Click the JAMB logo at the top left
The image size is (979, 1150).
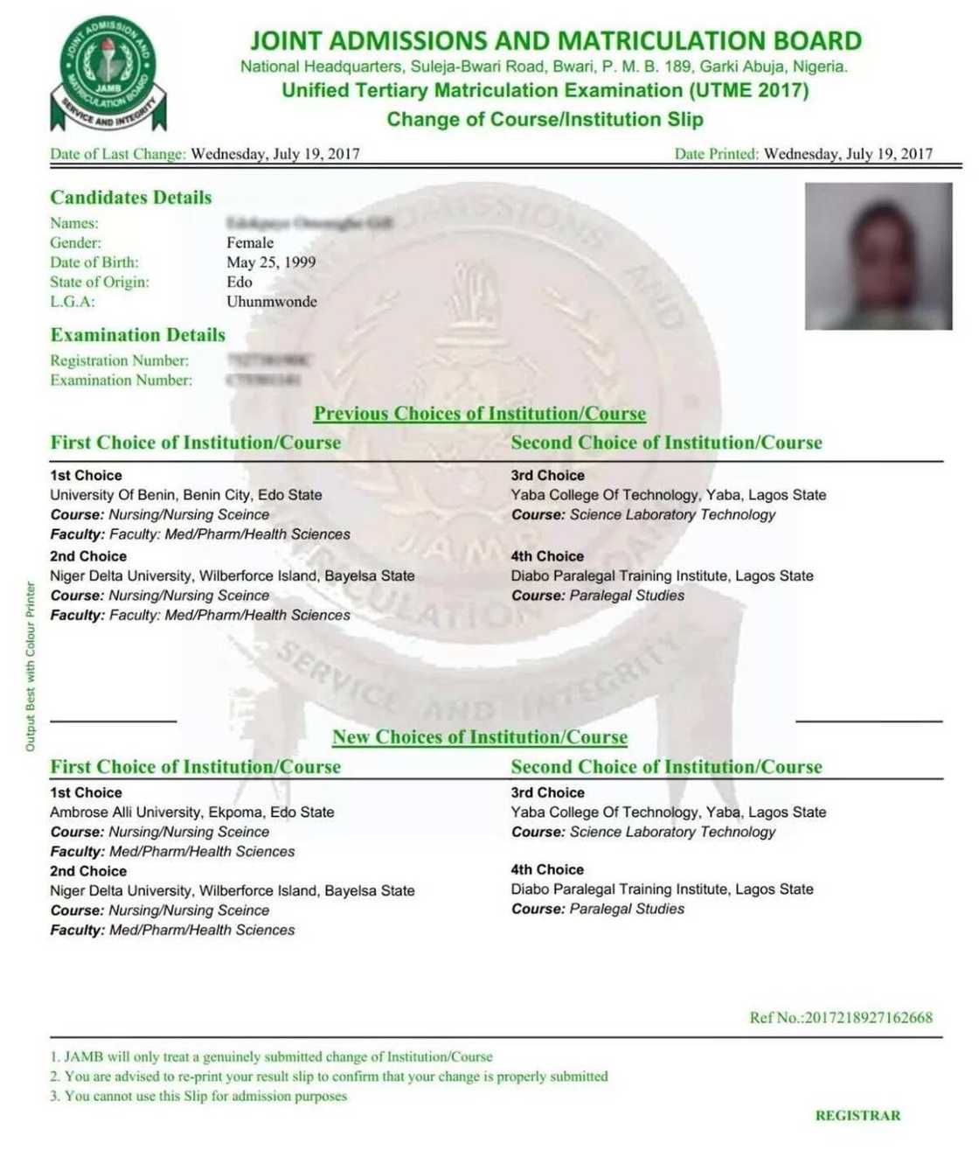click(x=108, y=72)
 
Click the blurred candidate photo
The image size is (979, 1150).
click(x=878, y=255)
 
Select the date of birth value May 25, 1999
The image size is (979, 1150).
click(x=271, y=262)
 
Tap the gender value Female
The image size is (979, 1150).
click(x=250, y=242)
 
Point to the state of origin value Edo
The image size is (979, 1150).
click(x=240, y=282)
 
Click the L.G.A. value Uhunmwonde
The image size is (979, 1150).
click(x=272, y=302)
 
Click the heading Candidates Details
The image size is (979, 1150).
click(x=131, y=198)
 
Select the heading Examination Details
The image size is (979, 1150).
click(x=138, y=335)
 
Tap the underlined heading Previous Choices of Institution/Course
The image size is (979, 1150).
click(x=480, y=414)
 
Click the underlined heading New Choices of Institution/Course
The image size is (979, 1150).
click(x=480, y=737)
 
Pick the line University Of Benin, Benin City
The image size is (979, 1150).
click(x=186, y=495)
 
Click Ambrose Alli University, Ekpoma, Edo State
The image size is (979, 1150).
click(x=192, y=812)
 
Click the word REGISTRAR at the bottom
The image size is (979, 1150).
click(x=857, y=1116)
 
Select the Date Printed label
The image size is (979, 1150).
click(x=716, y=154)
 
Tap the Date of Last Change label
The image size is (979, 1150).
click(x=118, y=154)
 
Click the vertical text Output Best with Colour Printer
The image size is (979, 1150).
click(x=31, y=666)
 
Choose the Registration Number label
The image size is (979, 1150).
click(x=120, y=360)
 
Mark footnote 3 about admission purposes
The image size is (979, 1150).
click(x=199, y=1096)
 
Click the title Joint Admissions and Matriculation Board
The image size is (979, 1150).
click(x=556, y=41)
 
